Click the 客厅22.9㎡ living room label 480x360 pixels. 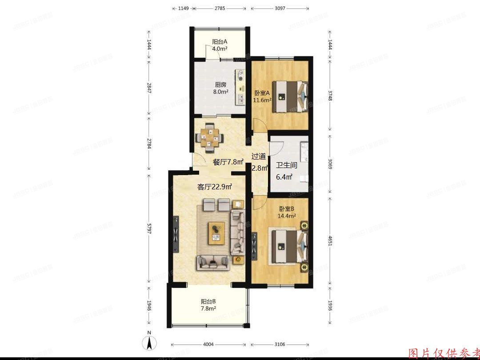click(x=215, y=187)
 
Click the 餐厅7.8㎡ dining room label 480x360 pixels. click(x=228, y=162)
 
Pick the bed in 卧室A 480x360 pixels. click(x=290, y=96)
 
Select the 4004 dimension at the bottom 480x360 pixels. click(x=208, y=344)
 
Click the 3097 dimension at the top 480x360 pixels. click(x=280, y=8)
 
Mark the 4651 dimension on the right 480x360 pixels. click(x=329, y=240)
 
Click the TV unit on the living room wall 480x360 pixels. click(x=176, y=234)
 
